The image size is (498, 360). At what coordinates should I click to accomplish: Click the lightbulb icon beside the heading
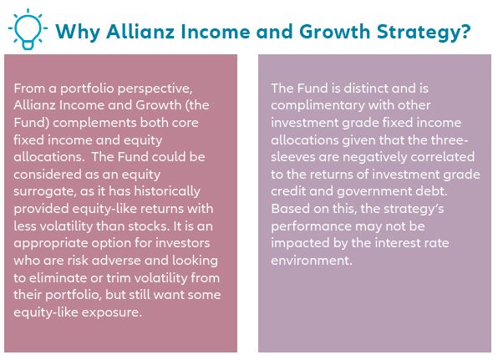28,29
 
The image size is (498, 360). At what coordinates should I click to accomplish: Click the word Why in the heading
79,32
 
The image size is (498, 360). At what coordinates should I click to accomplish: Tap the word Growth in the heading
335,32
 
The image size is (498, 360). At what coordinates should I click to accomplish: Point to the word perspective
155,89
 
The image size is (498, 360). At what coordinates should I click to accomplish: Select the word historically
167,191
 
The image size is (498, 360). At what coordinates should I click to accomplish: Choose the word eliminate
60,278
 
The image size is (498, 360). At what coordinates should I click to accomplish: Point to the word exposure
111,312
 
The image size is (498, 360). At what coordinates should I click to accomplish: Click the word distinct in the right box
365,89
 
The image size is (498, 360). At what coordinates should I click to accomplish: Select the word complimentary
318,105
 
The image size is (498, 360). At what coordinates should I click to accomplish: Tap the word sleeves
292,157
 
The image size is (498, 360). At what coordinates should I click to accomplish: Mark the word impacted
300,244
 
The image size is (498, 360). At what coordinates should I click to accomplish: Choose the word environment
312,261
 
